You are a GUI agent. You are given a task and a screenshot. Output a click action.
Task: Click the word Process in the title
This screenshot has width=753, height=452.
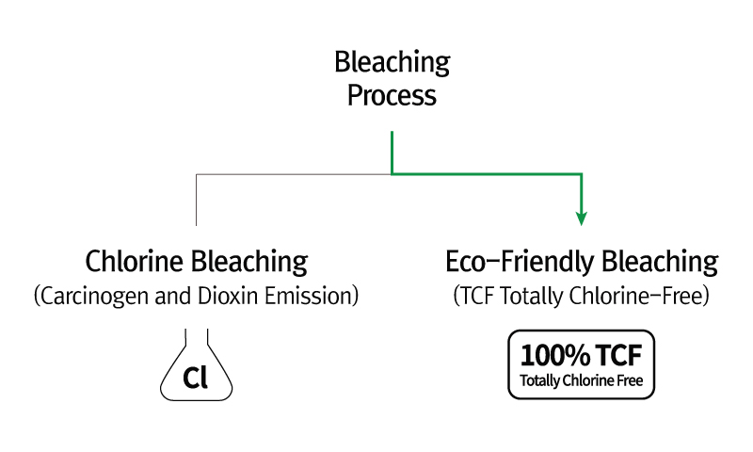[392, 96]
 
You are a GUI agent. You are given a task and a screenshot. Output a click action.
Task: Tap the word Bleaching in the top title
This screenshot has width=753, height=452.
[392, 63]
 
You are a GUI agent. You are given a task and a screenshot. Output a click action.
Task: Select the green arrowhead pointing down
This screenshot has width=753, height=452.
[582, 218]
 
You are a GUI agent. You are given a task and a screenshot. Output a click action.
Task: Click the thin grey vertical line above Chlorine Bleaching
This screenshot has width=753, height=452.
[196, 200]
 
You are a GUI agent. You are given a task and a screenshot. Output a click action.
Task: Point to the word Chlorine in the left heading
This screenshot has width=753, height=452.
[135, 261]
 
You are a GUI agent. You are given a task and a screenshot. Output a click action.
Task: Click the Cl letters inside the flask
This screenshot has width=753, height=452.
[196, 378]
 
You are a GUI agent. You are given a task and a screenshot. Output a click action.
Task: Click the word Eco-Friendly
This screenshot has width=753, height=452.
[521, 263]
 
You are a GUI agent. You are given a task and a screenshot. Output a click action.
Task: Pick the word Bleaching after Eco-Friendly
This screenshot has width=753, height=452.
[660, 263]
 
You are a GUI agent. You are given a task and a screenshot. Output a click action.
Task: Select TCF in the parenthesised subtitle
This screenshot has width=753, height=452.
[477, 296]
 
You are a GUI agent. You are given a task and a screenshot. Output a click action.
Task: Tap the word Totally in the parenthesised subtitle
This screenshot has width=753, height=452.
[532, 297]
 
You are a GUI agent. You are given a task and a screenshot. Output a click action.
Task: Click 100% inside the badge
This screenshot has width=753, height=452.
[555, 355]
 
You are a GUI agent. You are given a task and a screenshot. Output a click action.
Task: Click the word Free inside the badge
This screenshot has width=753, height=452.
[630, 381]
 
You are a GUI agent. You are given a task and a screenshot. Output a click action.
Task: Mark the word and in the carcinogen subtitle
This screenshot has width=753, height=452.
[173, 296]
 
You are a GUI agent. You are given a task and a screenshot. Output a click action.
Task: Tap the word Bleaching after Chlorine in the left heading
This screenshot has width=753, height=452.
[249, 263]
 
